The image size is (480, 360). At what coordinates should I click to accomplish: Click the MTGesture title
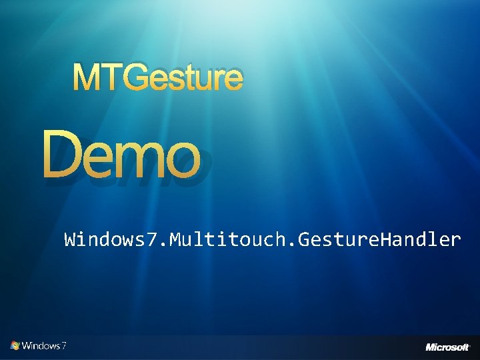pyautogui.click(x=158, y=78)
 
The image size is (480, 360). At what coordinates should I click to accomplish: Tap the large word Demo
pyautogui.click(x=121, y=155)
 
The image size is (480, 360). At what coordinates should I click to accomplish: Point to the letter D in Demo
pyautogui.click(x=63, y=154)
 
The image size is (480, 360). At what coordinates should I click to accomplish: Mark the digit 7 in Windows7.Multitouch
pyautogui.click(x=153, y=239)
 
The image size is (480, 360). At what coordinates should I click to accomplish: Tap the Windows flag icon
pyautogui.click(x=15, y=345)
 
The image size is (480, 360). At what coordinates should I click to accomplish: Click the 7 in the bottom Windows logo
pyautogui.click(x=63, y=345)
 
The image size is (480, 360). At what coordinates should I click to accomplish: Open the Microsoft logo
pyautogui.click(x=447, y=347)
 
